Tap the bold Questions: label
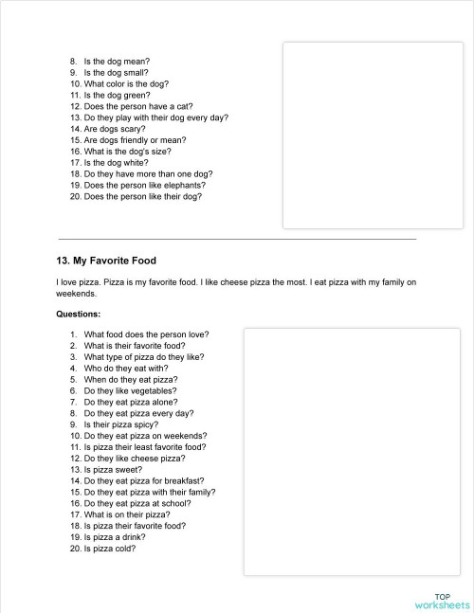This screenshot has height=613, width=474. pos(79,313)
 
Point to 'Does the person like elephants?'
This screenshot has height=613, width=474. pos(143,186)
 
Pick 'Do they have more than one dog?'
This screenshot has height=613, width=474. pos(148,174)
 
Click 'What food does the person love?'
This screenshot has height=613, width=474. pos(146,334)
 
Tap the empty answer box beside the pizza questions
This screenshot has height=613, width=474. pos(352,451)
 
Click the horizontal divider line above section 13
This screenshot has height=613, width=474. pos(237,239)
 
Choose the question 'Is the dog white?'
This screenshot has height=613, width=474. pos(118,163)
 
